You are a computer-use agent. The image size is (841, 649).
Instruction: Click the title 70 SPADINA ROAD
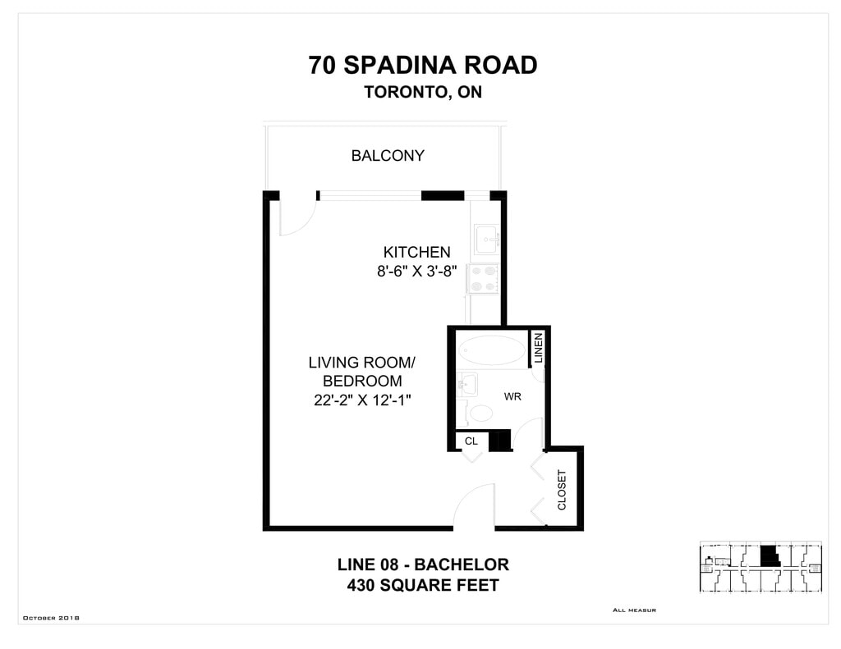coord(423,65)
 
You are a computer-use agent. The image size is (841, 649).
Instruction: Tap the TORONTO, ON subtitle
coord(423,92)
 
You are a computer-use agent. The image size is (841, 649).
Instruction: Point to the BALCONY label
coord(388,155)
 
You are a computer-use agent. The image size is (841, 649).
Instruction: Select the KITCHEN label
coord(416,252)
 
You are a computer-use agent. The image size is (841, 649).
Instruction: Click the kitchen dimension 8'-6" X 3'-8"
coord(416,272)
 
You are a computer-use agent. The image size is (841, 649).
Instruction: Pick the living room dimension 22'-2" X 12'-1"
coord(362,400)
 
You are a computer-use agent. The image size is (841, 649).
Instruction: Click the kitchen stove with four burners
coord(483,279)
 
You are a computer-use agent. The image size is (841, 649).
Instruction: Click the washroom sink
coord(467,384)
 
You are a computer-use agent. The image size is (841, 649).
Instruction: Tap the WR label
coord(512,396)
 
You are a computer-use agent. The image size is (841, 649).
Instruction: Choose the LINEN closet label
coord(539,348)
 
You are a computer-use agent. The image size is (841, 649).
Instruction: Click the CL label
coord(471,441)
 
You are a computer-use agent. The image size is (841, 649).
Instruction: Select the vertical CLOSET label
coord(562,490)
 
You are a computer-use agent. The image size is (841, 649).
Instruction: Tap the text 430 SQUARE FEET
coord(423,585)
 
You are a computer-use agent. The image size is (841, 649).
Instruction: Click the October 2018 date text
coord(51,618)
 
